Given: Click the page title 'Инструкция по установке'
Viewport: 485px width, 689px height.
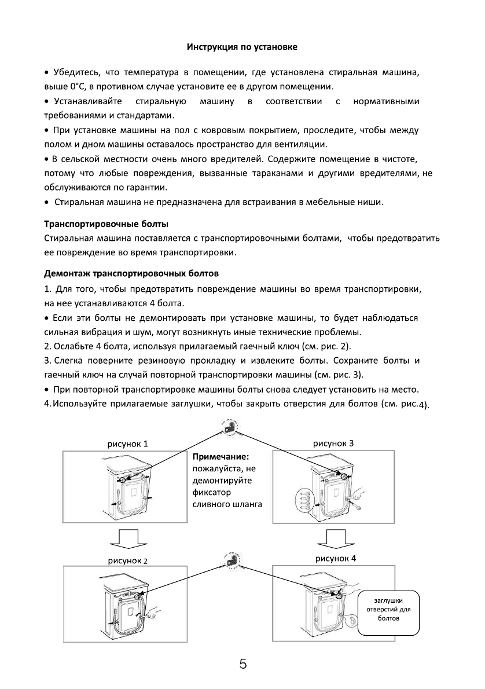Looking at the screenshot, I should click(x=242, y=46).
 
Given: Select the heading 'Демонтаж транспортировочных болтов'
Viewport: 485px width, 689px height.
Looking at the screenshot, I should click(x=131, y=272).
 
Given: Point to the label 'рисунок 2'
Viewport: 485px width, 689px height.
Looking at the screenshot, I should click(x=128, y=560).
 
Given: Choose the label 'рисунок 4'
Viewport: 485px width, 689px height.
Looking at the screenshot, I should click(x=336, y=559).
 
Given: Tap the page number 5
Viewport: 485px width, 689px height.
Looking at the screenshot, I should click(x=243, y=664).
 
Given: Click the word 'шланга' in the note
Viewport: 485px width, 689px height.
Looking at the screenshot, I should click(x=246, y=504).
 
